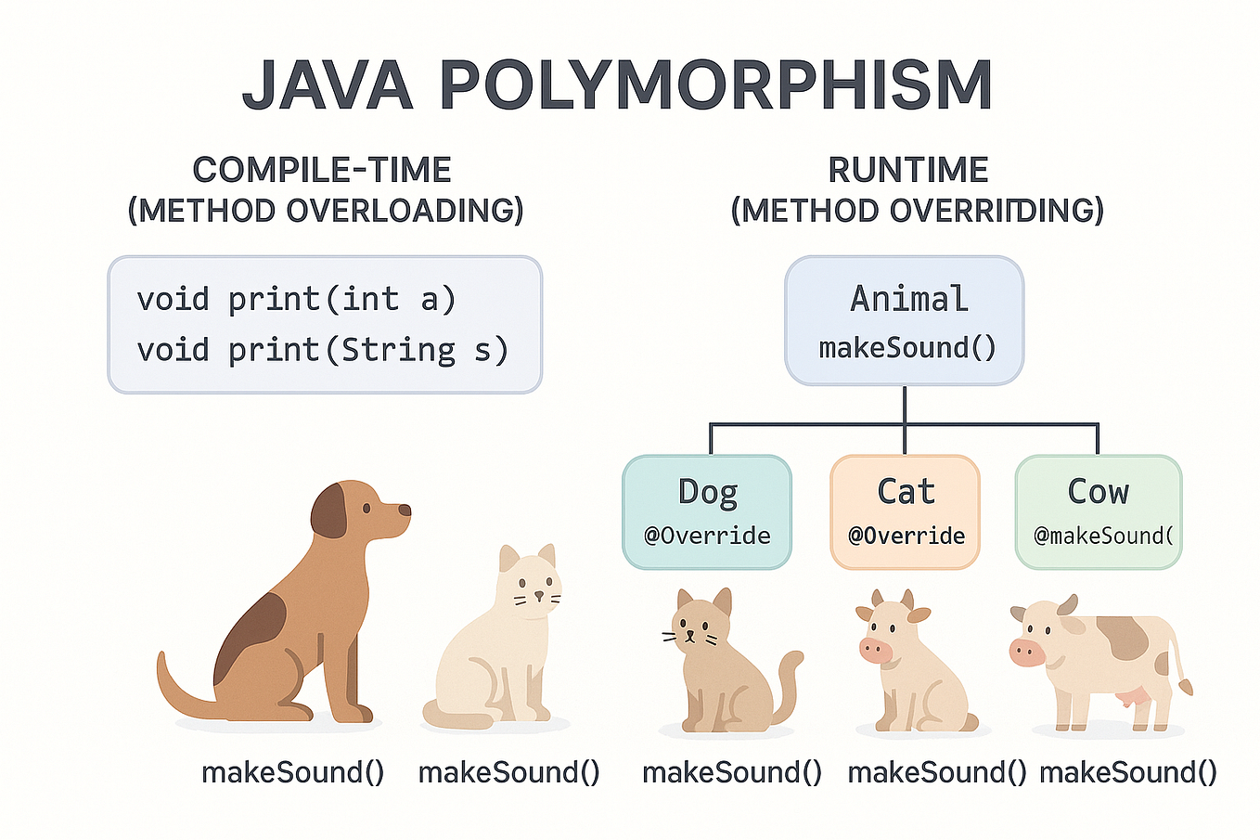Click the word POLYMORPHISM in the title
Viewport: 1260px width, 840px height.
[x=715, y=85]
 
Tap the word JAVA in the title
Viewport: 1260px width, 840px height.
[x=327, y=85]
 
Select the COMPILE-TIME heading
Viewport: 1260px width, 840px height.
[x=322, y=170]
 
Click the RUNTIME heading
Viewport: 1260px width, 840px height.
[x=907, y=170]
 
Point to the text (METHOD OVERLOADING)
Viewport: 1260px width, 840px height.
[x=325, y=211]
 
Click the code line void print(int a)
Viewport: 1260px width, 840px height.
[x=296, y=299]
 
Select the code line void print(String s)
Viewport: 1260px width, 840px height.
[x=322, y=350]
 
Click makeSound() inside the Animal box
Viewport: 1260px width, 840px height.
[x=906, y=348]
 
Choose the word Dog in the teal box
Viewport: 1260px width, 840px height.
[x=707, y=491]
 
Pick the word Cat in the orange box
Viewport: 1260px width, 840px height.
[x=906, y=491]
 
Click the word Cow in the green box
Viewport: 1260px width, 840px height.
[x=1098, y=491]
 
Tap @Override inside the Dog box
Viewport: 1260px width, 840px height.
[x=707, y=536]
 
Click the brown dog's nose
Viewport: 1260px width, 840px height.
[x=405, y=510]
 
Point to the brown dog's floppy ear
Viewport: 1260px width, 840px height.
[x=328, y=511]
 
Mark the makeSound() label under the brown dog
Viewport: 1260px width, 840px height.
[x=292, y=772]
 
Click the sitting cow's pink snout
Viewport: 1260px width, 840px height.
[x=875, y=651]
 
